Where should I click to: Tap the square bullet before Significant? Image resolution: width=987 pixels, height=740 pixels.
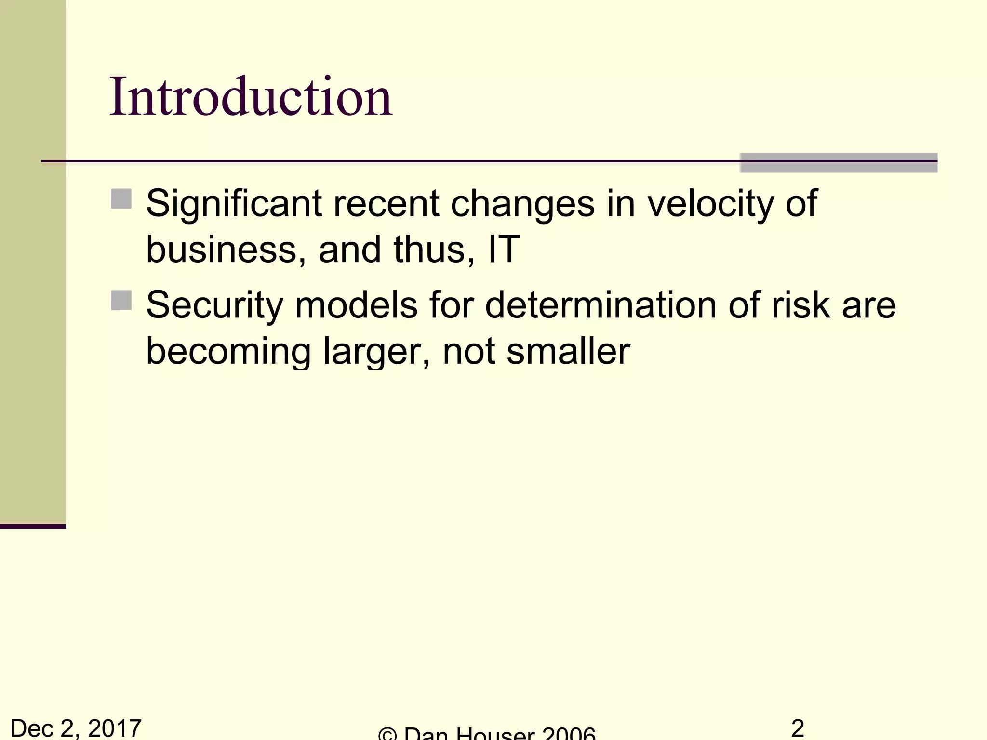point(121,198)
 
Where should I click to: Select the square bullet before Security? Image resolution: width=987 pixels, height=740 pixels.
point(121,300)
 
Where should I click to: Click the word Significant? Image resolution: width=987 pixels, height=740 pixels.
point(234,204)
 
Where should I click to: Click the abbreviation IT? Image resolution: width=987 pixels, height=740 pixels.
point(504,250)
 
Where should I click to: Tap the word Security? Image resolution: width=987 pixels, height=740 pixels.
point(214,306)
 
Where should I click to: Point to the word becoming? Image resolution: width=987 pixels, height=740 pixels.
point(228,352)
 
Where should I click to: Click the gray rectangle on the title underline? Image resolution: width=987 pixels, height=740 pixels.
point(838,163)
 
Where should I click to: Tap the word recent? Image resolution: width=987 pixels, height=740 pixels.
point(386,204)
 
